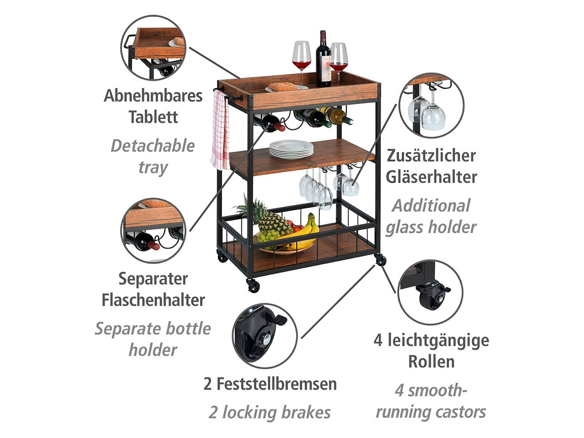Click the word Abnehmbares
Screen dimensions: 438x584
click(153, 96)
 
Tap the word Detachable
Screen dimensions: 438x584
click(153, 146)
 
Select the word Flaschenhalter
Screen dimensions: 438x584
click(153, 300)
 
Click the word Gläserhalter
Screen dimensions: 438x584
click(431, 177)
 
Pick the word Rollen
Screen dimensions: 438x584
click(431, 361)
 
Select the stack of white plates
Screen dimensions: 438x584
click(291, 150)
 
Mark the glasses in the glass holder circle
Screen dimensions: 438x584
click(426, 111)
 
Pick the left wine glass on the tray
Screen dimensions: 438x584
click(301, 58)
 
